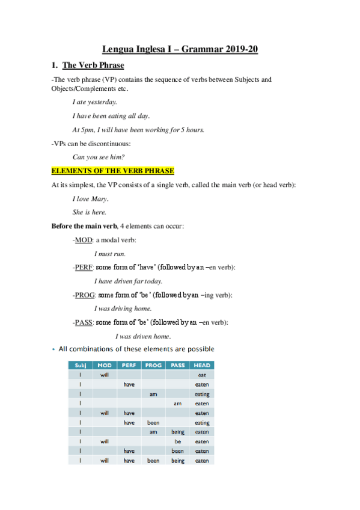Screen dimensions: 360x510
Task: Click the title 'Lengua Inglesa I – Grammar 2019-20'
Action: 180,49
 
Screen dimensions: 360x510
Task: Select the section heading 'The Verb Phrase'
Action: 93,65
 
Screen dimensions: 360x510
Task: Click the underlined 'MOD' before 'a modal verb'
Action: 83,240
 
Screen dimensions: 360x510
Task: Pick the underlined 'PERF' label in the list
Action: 84,267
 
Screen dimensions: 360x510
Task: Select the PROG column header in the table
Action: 153,365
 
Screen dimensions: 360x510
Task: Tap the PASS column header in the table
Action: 178,365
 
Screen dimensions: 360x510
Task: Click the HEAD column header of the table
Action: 202,365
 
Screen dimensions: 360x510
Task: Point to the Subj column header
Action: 80,365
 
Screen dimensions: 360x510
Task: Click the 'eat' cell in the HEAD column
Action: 202,375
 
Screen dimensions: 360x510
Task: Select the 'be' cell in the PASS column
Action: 178,441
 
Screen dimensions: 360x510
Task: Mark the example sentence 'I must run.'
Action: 110,254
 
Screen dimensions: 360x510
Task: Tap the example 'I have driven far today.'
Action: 129,281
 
